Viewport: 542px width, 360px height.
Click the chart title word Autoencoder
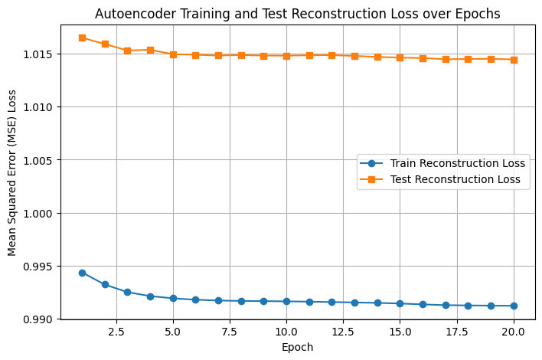click(129, 14)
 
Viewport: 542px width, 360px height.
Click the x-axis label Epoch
click(298, 347)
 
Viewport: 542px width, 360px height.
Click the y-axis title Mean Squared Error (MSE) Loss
click(13, 172)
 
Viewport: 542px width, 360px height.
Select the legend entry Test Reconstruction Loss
click(455, 180)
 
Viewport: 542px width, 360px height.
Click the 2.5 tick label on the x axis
click(116, 332)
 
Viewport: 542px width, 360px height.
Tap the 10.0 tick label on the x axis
click(286, 332)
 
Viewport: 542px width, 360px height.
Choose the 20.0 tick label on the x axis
click(514, 332)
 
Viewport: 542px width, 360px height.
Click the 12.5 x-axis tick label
click(343, 332)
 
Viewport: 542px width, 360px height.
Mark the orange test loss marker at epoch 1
click(82, 38)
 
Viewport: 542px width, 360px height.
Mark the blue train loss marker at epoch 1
click(82, 273)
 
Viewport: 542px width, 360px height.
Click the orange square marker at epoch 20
click(514, 60)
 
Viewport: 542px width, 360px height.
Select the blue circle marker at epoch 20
click(514, 306)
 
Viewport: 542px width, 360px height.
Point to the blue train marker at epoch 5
click(173, 298)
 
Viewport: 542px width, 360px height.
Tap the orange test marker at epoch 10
click(286, 56)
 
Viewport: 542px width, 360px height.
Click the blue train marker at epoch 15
click(400, 303)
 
